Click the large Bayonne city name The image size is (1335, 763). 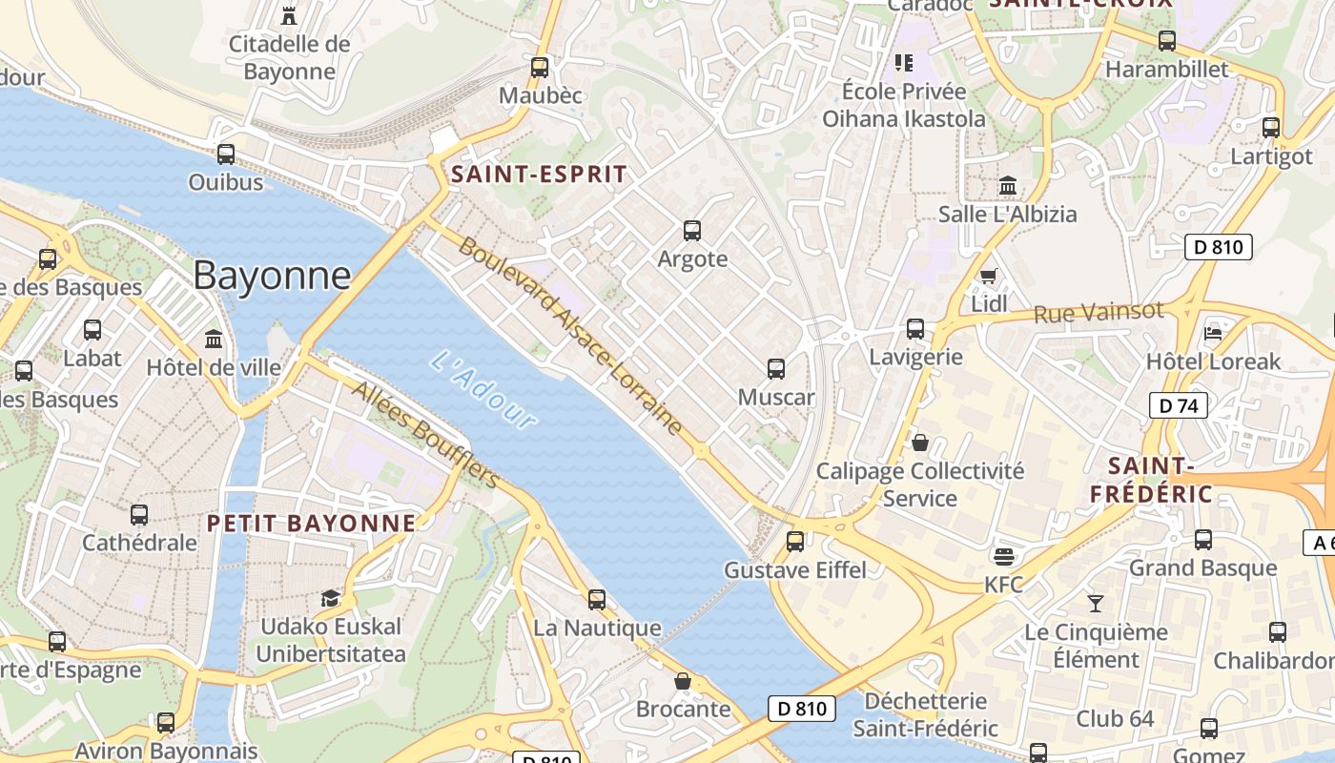[x=272, y=276]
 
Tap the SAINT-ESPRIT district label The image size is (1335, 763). [x=539, y=175]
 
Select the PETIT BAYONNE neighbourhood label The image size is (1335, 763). [x=312, y=523]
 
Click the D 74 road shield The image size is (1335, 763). [x=1179, y=405]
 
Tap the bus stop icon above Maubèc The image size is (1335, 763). [x=540, y=68]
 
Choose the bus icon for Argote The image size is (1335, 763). [x=692, y=231]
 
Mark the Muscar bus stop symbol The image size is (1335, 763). [x=776, y=369]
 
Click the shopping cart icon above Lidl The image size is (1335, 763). [x=989, y=276]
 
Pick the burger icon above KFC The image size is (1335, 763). [x=1003, y=556]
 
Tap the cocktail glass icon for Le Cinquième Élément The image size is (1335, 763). [x=1096, y=604]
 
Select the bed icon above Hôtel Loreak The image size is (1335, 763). [x=1213, y=333]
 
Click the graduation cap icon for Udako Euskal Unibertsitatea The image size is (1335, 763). [x=330, y=598]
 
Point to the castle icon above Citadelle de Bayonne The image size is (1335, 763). [x=289, y=15]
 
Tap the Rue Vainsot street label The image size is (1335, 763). [x=1099, y=312]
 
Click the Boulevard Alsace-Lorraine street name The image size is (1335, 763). [x=570, y=336]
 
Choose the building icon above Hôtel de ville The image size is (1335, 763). [x=214, y=339]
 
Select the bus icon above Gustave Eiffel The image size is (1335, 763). [x=795, y=542]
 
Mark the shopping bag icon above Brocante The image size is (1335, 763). [x=683, y=681]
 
